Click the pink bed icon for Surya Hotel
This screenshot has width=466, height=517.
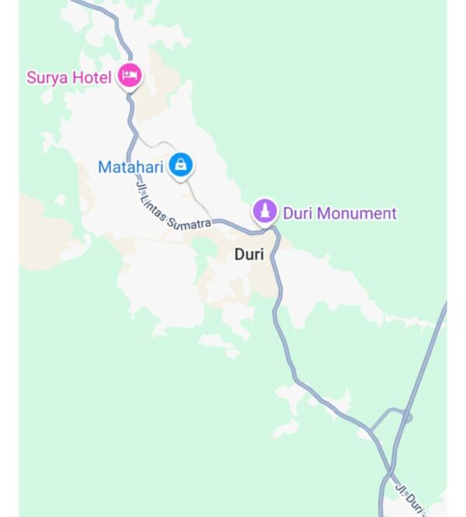pos(130,75)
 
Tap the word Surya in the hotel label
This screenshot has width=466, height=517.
pos(47,78)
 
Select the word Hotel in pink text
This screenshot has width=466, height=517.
pos(92,78)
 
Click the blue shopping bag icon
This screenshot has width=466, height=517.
pos(180,164)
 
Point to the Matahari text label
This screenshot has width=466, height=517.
pos(130,167)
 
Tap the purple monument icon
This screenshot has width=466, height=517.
pos(265,210)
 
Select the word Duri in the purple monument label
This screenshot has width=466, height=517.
pos(297,213)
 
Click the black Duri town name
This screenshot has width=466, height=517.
pos(249,255)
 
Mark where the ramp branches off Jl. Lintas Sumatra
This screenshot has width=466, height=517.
pos(370,429)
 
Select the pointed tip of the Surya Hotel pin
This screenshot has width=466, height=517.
pos(130,92)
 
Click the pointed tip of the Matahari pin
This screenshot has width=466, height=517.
pos(180,179)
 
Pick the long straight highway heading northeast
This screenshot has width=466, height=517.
pos(423,365)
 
